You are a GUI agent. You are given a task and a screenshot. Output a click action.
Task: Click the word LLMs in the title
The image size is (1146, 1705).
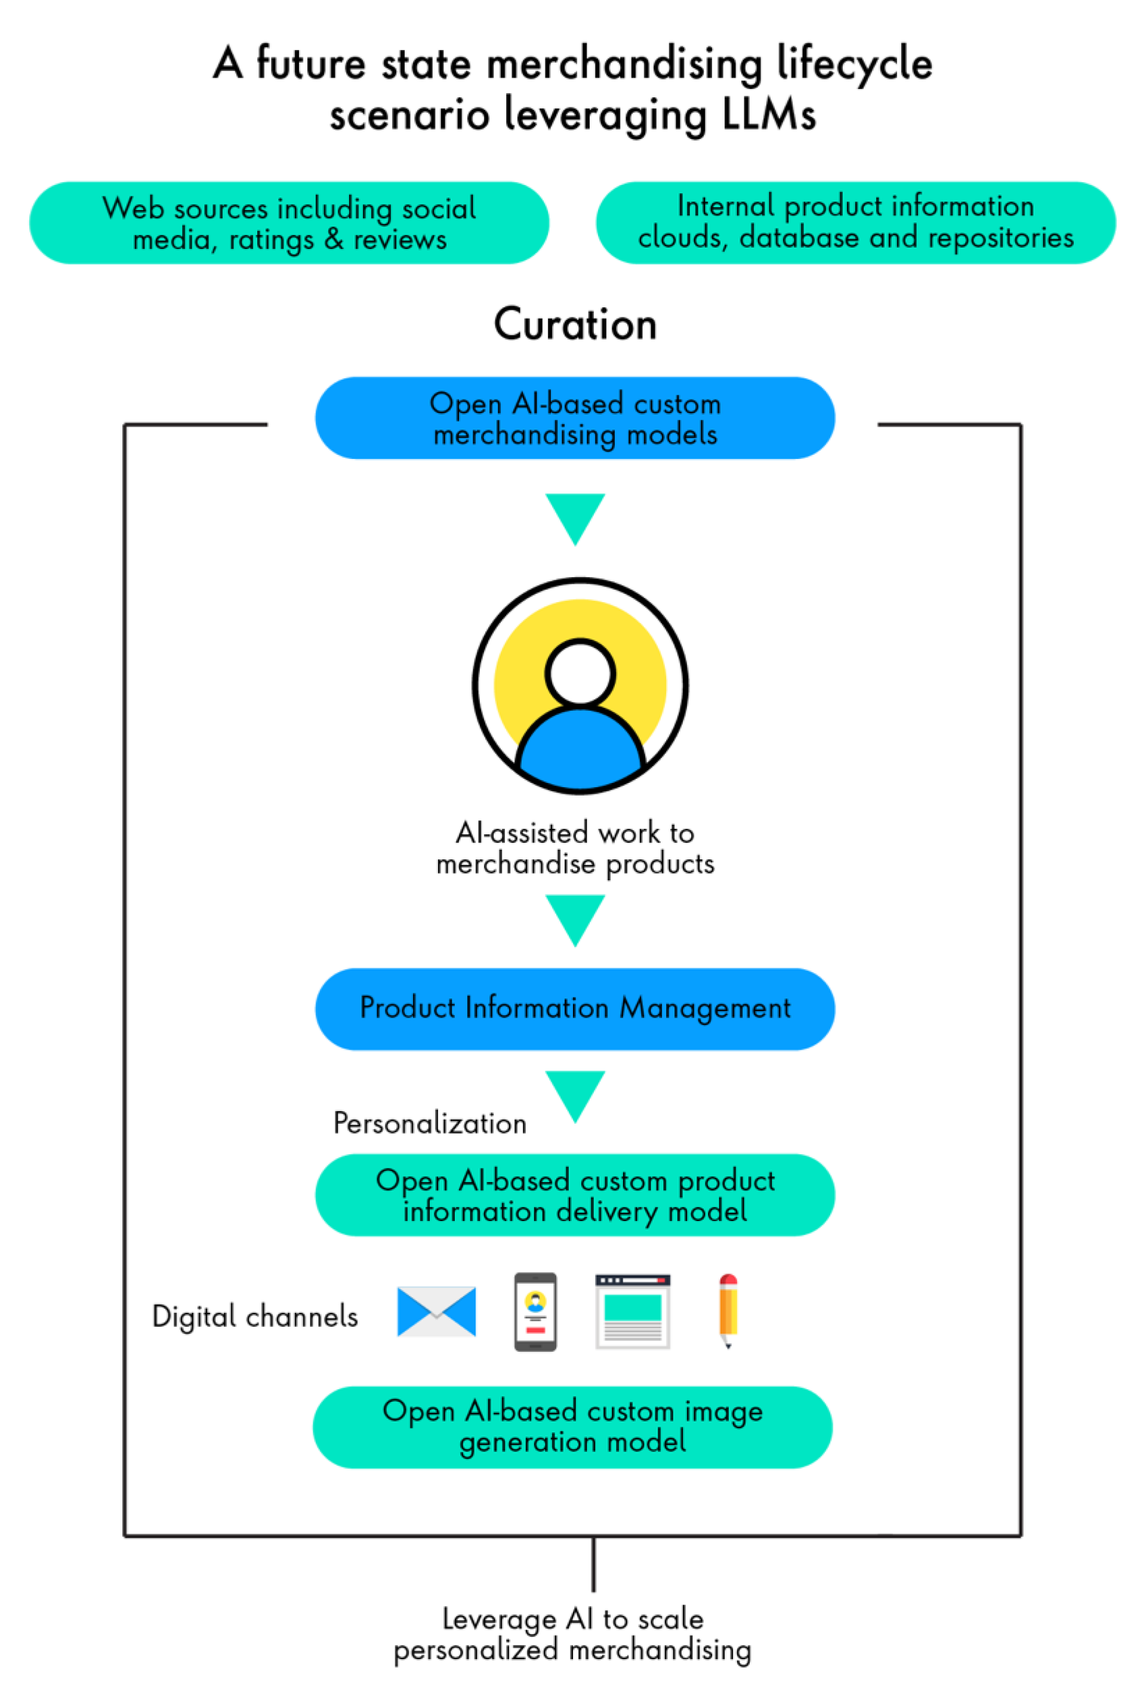tap(768, 115)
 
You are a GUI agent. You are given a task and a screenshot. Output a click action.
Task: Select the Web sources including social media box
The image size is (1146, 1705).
tap(289, 223)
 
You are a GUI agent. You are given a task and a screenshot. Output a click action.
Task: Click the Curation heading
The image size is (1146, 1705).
tap(575, 323)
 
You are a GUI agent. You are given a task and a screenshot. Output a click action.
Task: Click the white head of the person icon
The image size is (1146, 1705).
tap(580, 673)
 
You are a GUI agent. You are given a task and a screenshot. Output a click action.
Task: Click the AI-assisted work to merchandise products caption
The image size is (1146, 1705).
tap(575, 848)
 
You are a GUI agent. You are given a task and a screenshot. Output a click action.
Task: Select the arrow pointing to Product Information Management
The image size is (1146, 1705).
tap(575, 918)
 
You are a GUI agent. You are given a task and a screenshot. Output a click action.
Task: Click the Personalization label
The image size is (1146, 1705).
tap(430, 1123)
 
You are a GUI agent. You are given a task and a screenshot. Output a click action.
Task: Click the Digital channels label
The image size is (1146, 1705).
tap(255, 1316)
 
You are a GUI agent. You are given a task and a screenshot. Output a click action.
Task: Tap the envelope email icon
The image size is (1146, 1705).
tap(436, 1312)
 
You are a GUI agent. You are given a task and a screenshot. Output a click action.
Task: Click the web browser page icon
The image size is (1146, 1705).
tap(633, 1312)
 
